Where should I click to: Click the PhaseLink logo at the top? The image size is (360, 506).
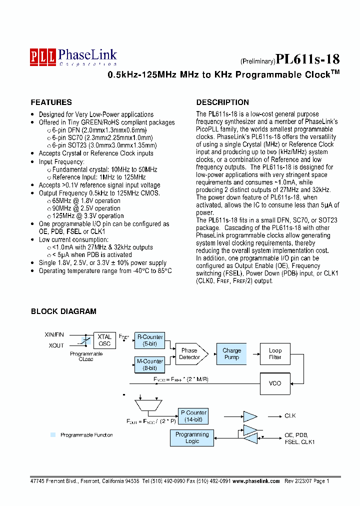[x=73, y=56]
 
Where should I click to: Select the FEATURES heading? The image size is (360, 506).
[x=51, y=102]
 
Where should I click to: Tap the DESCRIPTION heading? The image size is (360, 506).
[x=222, y=102]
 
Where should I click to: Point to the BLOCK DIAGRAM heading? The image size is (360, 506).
[x=63, y=311]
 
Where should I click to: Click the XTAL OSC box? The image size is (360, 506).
[x=104, y=340]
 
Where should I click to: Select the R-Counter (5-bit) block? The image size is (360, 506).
[x=150, y=340]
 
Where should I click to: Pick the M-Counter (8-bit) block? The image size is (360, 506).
[x=150, y=364]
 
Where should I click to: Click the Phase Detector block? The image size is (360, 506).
[x=190, y=353]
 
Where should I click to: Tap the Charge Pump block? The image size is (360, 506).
[x=231, y=353]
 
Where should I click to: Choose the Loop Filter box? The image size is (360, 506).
[x=275, y=353]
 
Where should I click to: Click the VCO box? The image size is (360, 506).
[x=275, y=383]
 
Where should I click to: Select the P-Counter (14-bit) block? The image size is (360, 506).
[x=192, y=415]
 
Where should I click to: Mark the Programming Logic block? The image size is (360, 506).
[x=192, y=438]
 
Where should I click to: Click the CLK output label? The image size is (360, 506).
[x=290, y=415]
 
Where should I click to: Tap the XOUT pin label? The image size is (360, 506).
[x=56, y=345]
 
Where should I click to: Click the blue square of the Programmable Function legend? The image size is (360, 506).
[x=53, y=435]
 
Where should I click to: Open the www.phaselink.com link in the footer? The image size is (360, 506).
[x=256, y=480]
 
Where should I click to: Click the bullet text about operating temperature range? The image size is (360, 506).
[x=105, y=270]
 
